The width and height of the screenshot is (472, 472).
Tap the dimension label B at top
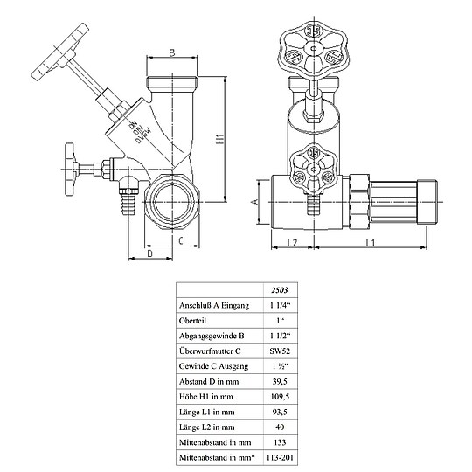click(171, 53)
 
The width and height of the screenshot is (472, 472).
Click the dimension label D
click(149, 253)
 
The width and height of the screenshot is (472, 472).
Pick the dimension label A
click(254, 200)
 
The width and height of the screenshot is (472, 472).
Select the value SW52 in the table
click(280, 350)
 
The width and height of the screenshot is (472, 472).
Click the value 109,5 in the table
click(280, 396)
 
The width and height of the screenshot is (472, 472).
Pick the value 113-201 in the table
click(280, 457)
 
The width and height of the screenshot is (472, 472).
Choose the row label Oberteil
click(191, 320)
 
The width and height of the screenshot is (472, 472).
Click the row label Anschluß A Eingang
click(214, 305)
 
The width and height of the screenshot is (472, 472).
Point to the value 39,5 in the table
click(280, 381)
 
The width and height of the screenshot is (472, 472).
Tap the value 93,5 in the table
click(280, 411)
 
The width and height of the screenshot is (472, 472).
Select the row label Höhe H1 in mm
click(205, 396)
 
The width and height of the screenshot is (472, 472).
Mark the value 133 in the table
click(280, 441)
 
